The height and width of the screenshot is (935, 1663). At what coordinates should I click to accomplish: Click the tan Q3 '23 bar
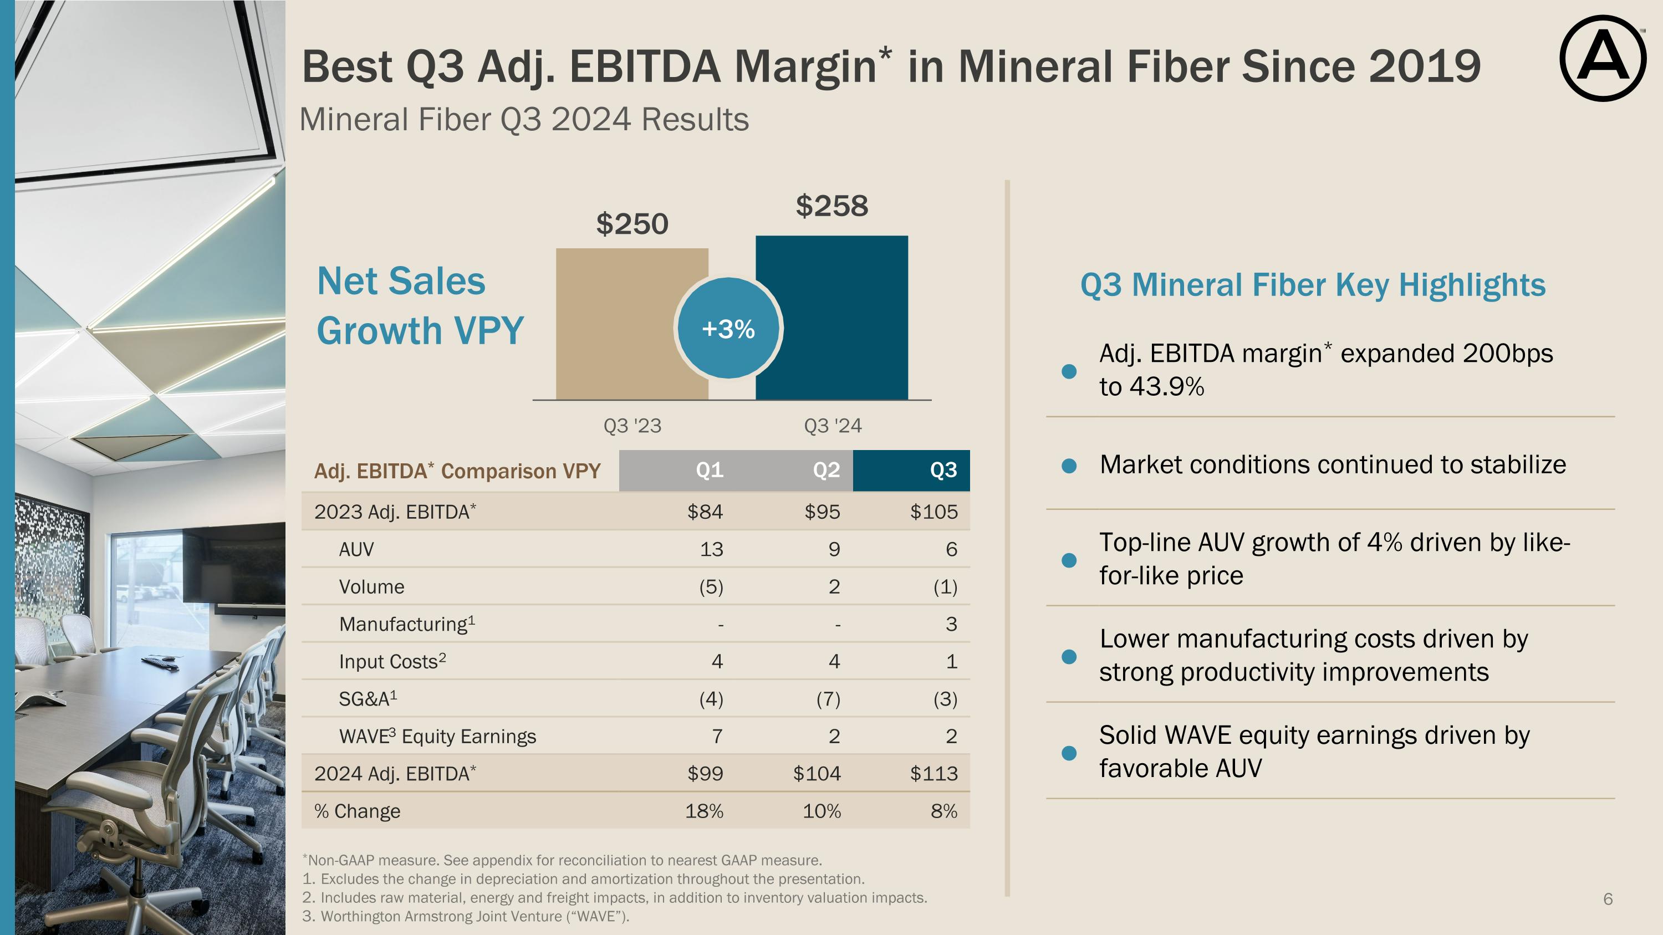coord(631,324)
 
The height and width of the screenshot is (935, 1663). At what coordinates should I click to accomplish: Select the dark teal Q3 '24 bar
coord(831,318)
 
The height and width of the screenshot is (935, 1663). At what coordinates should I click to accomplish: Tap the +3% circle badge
coord(728,329)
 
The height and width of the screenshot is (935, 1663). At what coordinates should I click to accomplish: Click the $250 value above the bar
coord(632,224)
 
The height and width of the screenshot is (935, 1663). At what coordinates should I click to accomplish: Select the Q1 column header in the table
coord(710,471)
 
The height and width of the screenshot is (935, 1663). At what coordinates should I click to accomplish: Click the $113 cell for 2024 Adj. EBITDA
coord(933,773)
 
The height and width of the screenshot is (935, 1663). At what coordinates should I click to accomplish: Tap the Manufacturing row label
coord(407,624)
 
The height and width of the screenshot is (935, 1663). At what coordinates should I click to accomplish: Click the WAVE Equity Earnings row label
coord(437,736)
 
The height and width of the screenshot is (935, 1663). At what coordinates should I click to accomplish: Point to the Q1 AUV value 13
coord(711,549)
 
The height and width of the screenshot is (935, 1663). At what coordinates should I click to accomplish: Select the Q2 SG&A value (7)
coord(828,699)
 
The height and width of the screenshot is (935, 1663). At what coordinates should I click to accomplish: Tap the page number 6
coord(1608,899)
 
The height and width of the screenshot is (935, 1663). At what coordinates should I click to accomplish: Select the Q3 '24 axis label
coord(832,426)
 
